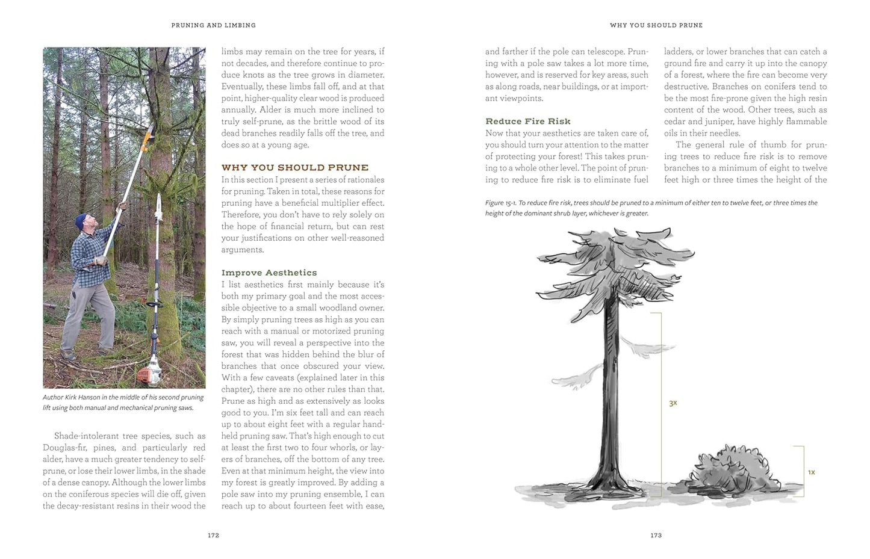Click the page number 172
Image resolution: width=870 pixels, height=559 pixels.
(x=213, y=535)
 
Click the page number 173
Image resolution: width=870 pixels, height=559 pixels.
(x=656, y=535)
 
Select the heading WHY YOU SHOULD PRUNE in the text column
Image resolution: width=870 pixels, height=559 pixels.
(x=294, y=167)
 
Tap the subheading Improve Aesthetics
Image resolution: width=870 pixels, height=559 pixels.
(x=269, y=273)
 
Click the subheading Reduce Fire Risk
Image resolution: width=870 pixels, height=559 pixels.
(x=528, y=121)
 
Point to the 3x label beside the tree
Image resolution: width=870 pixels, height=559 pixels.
(x=673, y=403)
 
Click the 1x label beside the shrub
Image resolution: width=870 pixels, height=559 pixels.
(x=811, y=472)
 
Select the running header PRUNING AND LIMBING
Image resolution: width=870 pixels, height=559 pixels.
(x=213, y=25)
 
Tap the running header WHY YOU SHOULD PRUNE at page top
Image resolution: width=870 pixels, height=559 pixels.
(x=656, y=25)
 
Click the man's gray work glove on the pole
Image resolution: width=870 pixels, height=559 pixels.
(x=122, y=206)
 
